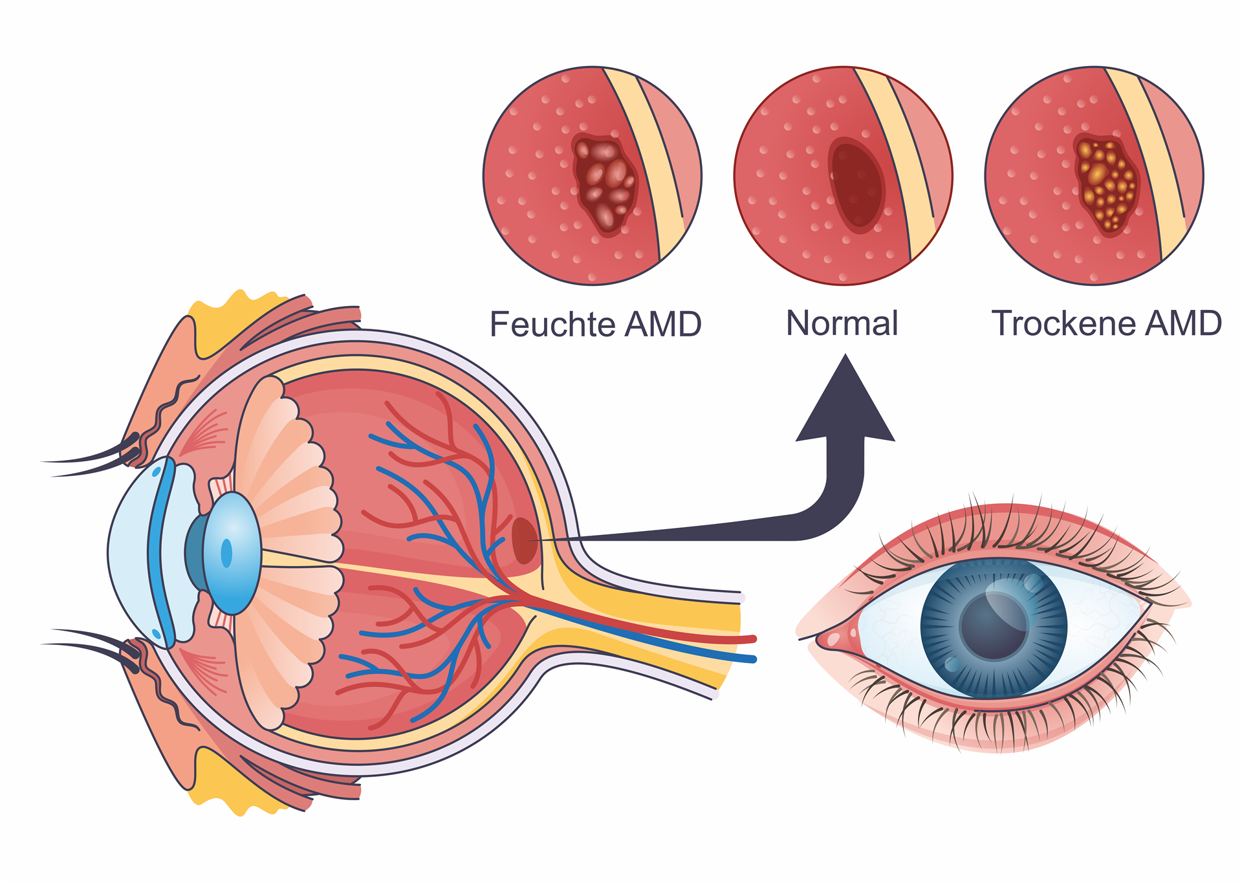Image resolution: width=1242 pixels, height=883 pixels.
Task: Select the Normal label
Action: coord(842,323)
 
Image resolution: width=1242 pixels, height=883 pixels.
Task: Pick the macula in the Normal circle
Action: coord(856,184)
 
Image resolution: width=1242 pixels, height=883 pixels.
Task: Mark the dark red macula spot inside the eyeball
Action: coord(524,540)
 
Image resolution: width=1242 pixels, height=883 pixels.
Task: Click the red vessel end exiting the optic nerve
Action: coord(750,639)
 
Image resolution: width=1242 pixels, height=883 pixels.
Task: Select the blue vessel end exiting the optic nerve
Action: coord(750,659)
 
